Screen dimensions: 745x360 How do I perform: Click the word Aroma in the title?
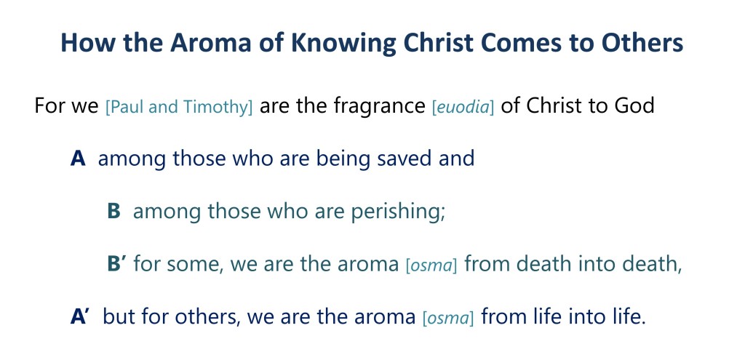212,43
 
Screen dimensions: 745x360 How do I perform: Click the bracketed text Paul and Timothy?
179,107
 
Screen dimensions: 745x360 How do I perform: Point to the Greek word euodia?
463,107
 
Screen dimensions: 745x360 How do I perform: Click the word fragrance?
379,106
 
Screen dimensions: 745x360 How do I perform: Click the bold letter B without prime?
113,212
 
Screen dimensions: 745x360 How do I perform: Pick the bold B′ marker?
117,263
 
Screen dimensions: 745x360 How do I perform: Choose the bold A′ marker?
79,316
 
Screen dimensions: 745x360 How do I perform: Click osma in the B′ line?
431,265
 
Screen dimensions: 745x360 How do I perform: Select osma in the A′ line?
448,318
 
